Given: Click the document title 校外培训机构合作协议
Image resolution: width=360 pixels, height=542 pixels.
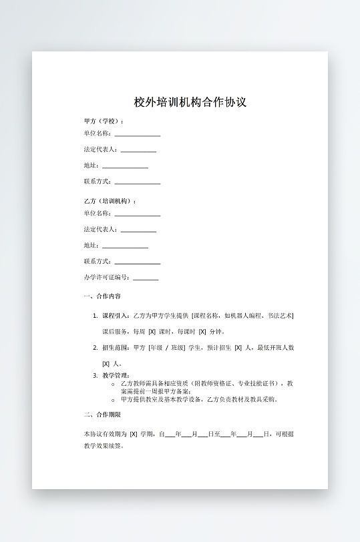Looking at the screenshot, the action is click(190, 103).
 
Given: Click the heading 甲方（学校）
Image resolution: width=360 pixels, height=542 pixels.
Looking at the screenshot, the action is click(103, 121).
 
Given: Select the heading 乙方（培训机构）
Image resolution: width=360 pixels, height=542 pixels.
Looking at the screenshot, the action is click(109, 201).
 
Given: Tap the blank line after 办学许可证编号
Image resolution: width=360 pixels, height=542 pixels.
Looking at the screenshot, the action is click(146, 278).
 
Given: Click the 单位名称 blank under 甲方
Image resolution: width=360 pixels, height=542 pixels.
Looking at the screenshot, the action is click(137, 134).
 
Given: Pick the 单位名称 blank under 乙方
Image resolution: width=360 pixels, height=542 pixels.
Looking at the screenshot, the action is click(137, 214).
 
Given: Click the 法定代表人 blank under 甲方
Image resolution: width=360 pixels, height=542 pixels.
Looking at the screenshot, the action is click(138, 150).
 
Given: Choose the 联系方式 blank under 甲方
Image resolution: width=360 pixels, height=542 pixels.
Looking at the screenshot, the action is click(137, 182).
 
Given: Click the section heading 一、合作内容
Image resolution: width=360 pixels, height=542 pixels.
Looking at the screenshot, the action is click(102, 296).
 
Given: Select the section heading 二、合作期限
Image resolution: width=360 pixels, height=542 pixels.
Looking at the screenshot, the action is click(102, 415).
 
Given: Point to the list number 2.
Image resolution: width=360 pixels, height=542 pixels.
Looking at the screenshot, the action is click(95, 348).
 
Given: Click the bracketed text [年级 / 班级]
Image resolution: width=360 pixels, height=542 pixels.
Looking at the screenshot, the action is click(166, 348).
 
